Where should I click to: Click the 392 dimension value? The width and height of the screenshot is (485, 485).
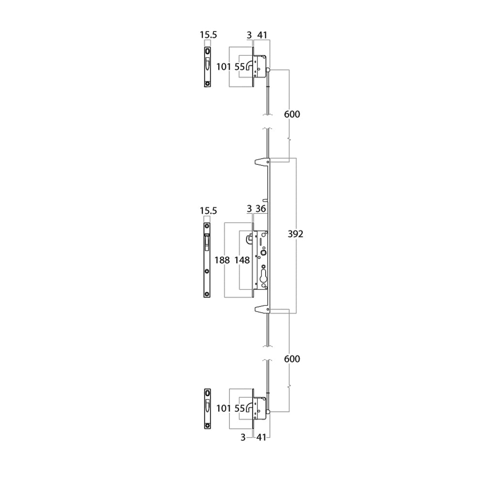click(295, 234)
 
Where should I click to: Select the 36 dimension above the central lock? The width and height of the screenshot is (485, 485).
click(261, 209)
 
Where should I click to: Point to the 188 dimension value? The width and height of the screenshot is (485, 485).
click(222, 260)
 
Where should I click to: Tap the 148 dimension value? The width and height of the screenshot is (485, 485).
click(242, 260)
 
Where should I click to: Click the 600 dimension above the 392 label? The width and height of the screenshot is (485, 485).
click(292, 114)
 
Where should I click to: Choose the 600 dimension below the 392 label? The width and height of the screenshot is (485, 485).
click(292, 359)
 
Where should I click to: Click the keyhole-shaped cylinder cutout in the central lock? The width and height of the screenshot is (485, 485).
click(263, 276)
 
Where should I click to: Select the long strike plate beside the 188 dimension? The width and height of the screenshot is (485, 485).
click(207, 260)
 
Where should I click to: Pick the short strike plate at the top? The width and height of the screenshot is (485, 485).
click(208, 67)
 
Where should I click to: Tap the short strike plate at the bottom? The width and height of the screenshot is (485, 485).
click(208, 409)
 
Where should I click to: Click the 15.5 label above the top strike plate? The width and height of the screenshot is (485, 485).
click(209, 34)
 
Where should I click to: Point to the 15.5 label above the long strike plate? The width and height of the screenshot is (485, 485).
click(209, 211)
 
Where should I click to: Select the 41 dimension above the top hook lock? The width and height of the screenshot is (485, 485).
click(262, 35)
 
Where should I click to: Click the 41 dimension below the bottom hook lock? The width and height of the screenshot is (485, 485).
click(261, 437)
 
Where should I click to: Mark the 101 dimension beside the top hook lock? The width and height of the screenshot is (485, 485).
click(224, 66)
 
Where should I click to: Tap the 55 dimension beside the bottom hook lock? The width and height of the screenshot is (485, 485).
click(240, 408)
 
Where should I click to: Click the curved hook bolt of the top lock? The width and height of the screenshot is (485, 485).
click(249, 66)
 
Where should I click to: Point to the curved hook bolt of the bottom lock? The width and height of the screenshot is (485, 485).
click(249, 408)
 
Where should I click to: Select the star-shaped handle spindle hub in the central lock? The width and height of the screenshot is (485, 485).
click(263, 253)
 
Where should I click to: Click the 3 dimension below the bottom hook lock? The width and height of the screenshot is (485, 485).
click(243, 437)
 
